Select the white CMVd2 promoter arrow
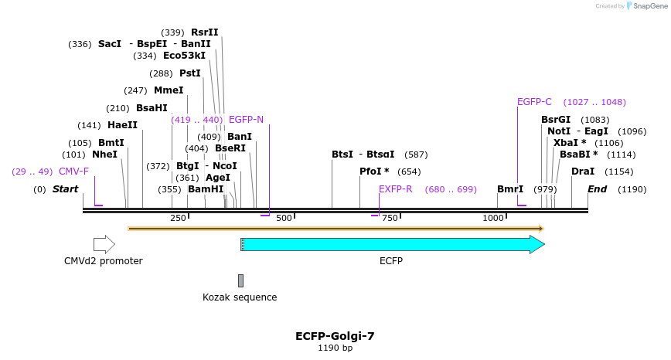(104, 245)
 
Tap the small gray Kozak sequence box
(240, 280)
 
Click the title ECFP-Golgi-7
(335, 336)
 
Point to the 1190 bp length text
(335, 348)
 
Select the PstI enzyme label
(190, 73)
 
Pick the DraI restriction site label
(583, 172)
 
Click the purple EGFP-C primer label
(534, 102)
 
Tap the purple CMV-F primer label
(73, 172)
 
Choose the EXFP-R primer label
(395, 189)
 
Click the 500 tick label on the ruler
(284, 218)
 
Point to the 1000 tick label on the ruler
(493, 218)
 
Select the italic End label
(597, 189)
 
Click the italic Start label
(66, 189)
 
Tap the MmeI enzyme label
(169, 90)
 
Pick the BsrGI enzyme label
(556, 120)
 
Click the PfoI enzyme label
(374, 172)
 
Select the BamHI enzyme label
(206, 189)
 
